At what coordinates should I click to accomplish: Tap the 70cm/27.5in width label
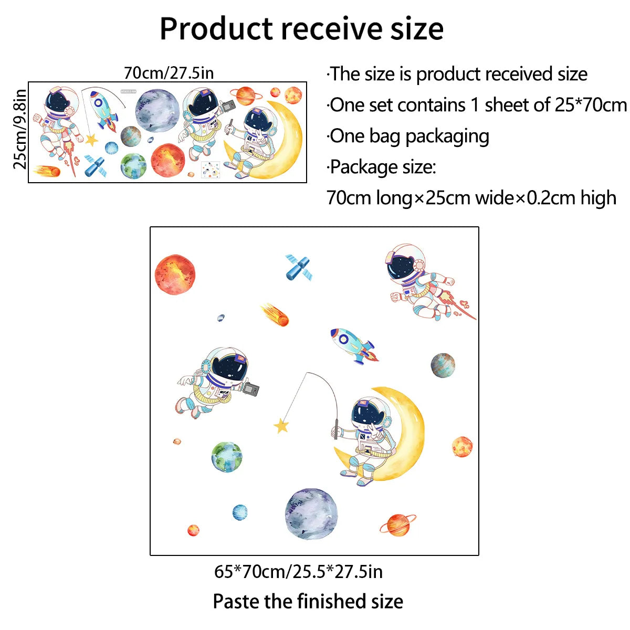(169, 72)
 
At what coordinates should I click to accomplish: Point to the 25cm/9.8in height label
(20, 129)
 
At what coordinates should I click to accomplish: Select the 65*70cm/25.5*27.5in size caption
(298, 571)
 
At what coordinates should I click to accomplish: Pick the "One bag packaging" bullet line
(408, 136)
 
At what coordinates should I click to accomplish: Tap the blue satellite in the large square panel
(298, 268)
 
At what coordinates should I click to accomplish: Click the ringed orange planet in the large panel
(397, 525)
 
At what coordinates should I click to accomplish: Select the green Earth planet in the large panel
(227, 457)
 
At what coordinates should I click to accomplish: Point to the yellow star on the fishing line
(282, 425)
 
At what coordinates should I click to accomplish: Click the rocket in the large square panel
(353, 345)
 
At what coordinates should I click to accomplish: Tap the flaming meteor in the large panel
(276, 314)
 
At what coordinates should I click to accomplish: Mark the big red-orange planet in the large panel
(175, 274)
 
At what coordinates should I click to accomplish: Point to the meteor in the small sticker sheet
(47, 171)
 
